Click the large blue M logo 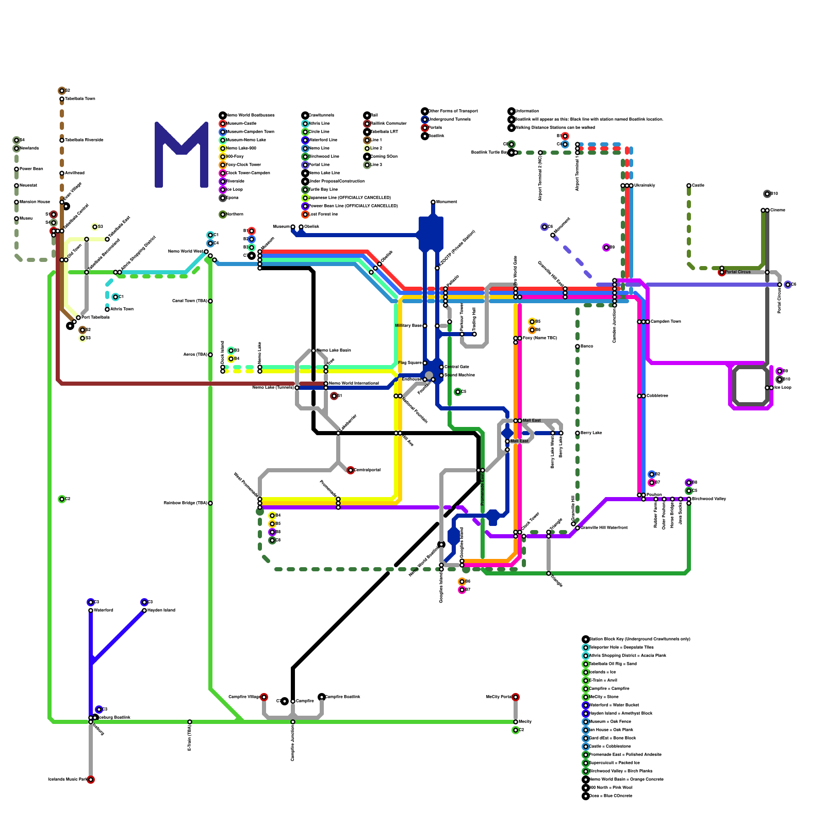click(x=181, y=155)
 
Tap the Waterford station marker click(x=91, y=610)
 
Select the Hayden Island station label click(x=161, y=610)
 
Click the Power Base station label click(x=31, y=169)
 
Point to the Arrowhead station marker click(x=62, y=173)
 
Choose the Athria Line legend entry click(x=319, y=124)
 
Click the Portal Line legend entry click(x=319, y=165)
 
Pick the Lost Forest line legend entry click(x=323, y=214)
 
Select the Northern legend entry click(x=235, y=214)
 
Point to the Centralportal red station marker click(x=351, y=470)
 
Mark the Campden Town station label click(x=666, y=322)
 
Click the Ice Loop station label click(x=783, y=388)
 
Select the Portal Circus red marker click(x=722, y=272)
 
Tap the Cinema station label click(x=778, y=210)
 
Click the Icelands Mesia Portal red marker click(x=91, y=780)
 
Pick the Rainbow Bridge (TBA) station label click(x=185, y=503)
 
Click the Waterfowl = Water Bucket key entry click(x=614, y=705)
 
